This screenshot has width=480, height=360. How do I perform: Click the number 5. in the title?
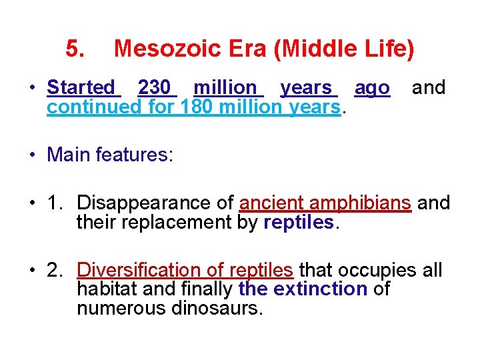pos(75,49)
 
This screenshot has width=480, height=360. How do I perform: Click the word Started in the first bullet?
pos(81,87)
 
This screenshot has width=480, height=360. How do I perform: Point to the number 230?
pos(154,87)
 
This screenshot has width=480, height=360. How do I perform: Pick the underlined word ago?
pos(372,87)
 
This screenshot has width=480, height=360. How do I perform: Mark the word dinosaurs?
pos(217,309)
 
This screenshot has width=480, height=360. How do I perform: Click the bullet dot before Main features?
pos(32,156)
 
